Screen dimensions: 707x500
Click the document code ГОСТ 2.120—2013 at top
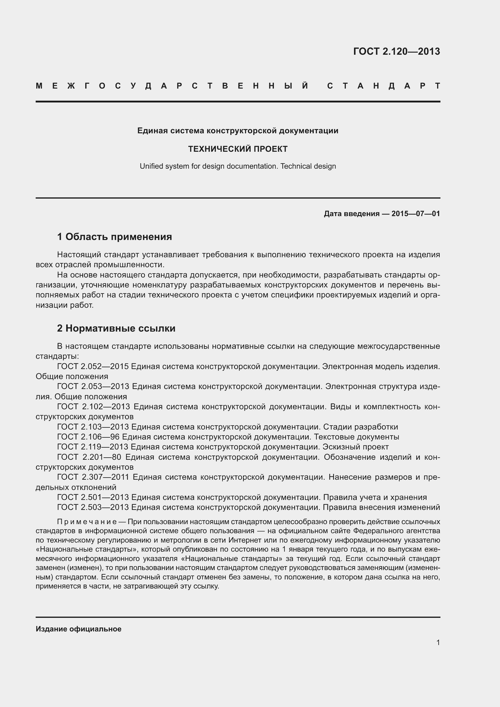(x=396, y=51)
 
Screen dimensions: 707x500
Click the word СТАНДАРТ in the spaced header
(x=383, y=86)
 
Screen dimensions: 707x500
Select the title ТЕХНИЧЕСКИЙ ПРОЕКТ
(x=238, y=149)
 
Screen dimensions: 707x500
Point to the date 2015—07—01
(x=415, y=214)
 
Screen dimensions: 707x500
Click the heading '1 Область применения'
(x=115, y=237)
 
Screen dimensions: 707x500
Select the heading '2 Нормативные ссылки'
(x=116, y=328)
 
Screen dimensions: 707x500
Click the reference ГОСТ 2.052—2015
(x=93, y=366)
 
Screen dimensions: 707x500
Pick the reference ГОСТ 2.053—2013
(x=93, y=387)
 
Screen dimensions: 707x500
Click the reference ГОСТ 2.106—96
(x=88, y=437)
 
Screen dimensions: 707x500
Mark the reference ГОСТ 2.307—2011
(x=93, y=477)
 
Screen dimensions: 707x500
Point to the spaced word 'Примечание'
(x=86, y=522)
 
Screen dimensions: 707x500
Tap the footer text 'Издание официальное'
(x=79, y=629)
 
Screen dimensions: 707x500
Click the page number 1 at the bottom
(x=438, y=642)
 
